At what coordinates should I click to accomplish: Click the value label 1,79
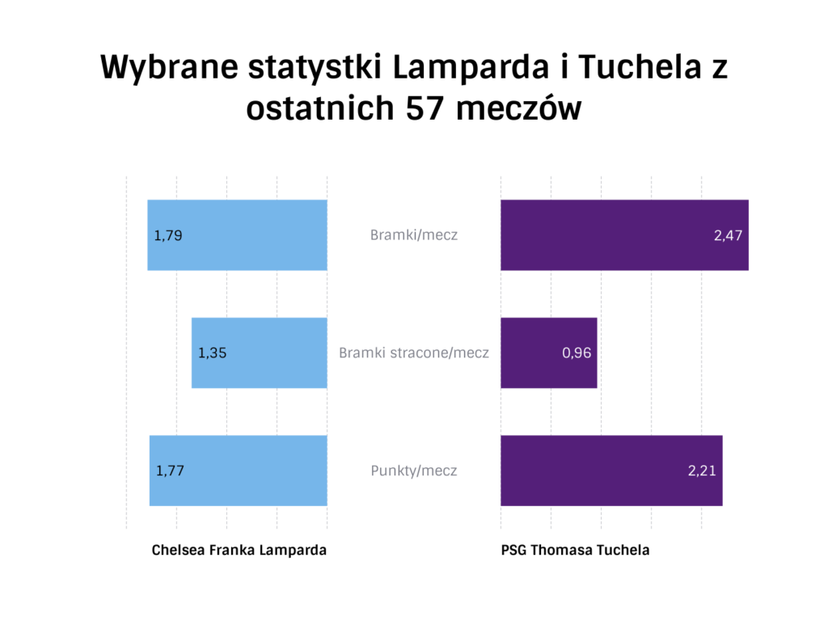[168, 236]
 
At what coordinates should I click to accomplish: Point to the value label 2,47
[728, 236]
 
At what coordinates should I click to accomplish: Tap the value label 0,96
[577, 353]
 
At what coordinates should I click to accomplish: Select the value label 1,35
[213, 353]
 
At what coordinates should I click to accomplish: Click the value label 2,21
[702, 471]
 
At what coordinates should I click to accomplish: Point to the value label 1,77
[170, 471]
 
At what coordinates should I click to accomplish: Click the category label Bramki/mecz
[414, 235]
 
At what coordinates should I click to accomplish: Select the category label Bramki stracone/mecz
[414, 353]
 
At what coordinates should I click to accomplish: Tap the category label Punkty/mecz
[414, 470]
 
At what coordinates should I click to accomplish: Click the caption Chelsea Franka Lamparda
[239, 550]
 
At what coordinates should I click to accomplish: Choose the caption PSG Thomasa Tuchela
[575, 550]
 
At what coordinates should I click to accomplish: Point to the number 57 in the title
[420, 109]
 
